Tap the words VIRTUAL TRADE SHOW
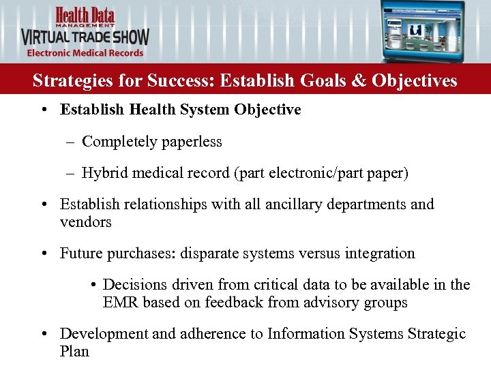pyautogui.click(x=85, y=37)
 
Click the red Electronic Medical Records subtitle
pyautogui.click(x=85, y=53)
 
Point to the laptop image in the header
pyautogui.click(x=423, y=31)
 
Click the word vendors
pyautogui.click(x=86, y=222)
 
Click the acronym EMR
pyautogui.click(x=119, y=303)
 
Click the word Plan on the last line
pyautogui.click(x=74, y=352)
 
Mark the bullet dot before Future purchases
pyautogui.click(x=43, y=254)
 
